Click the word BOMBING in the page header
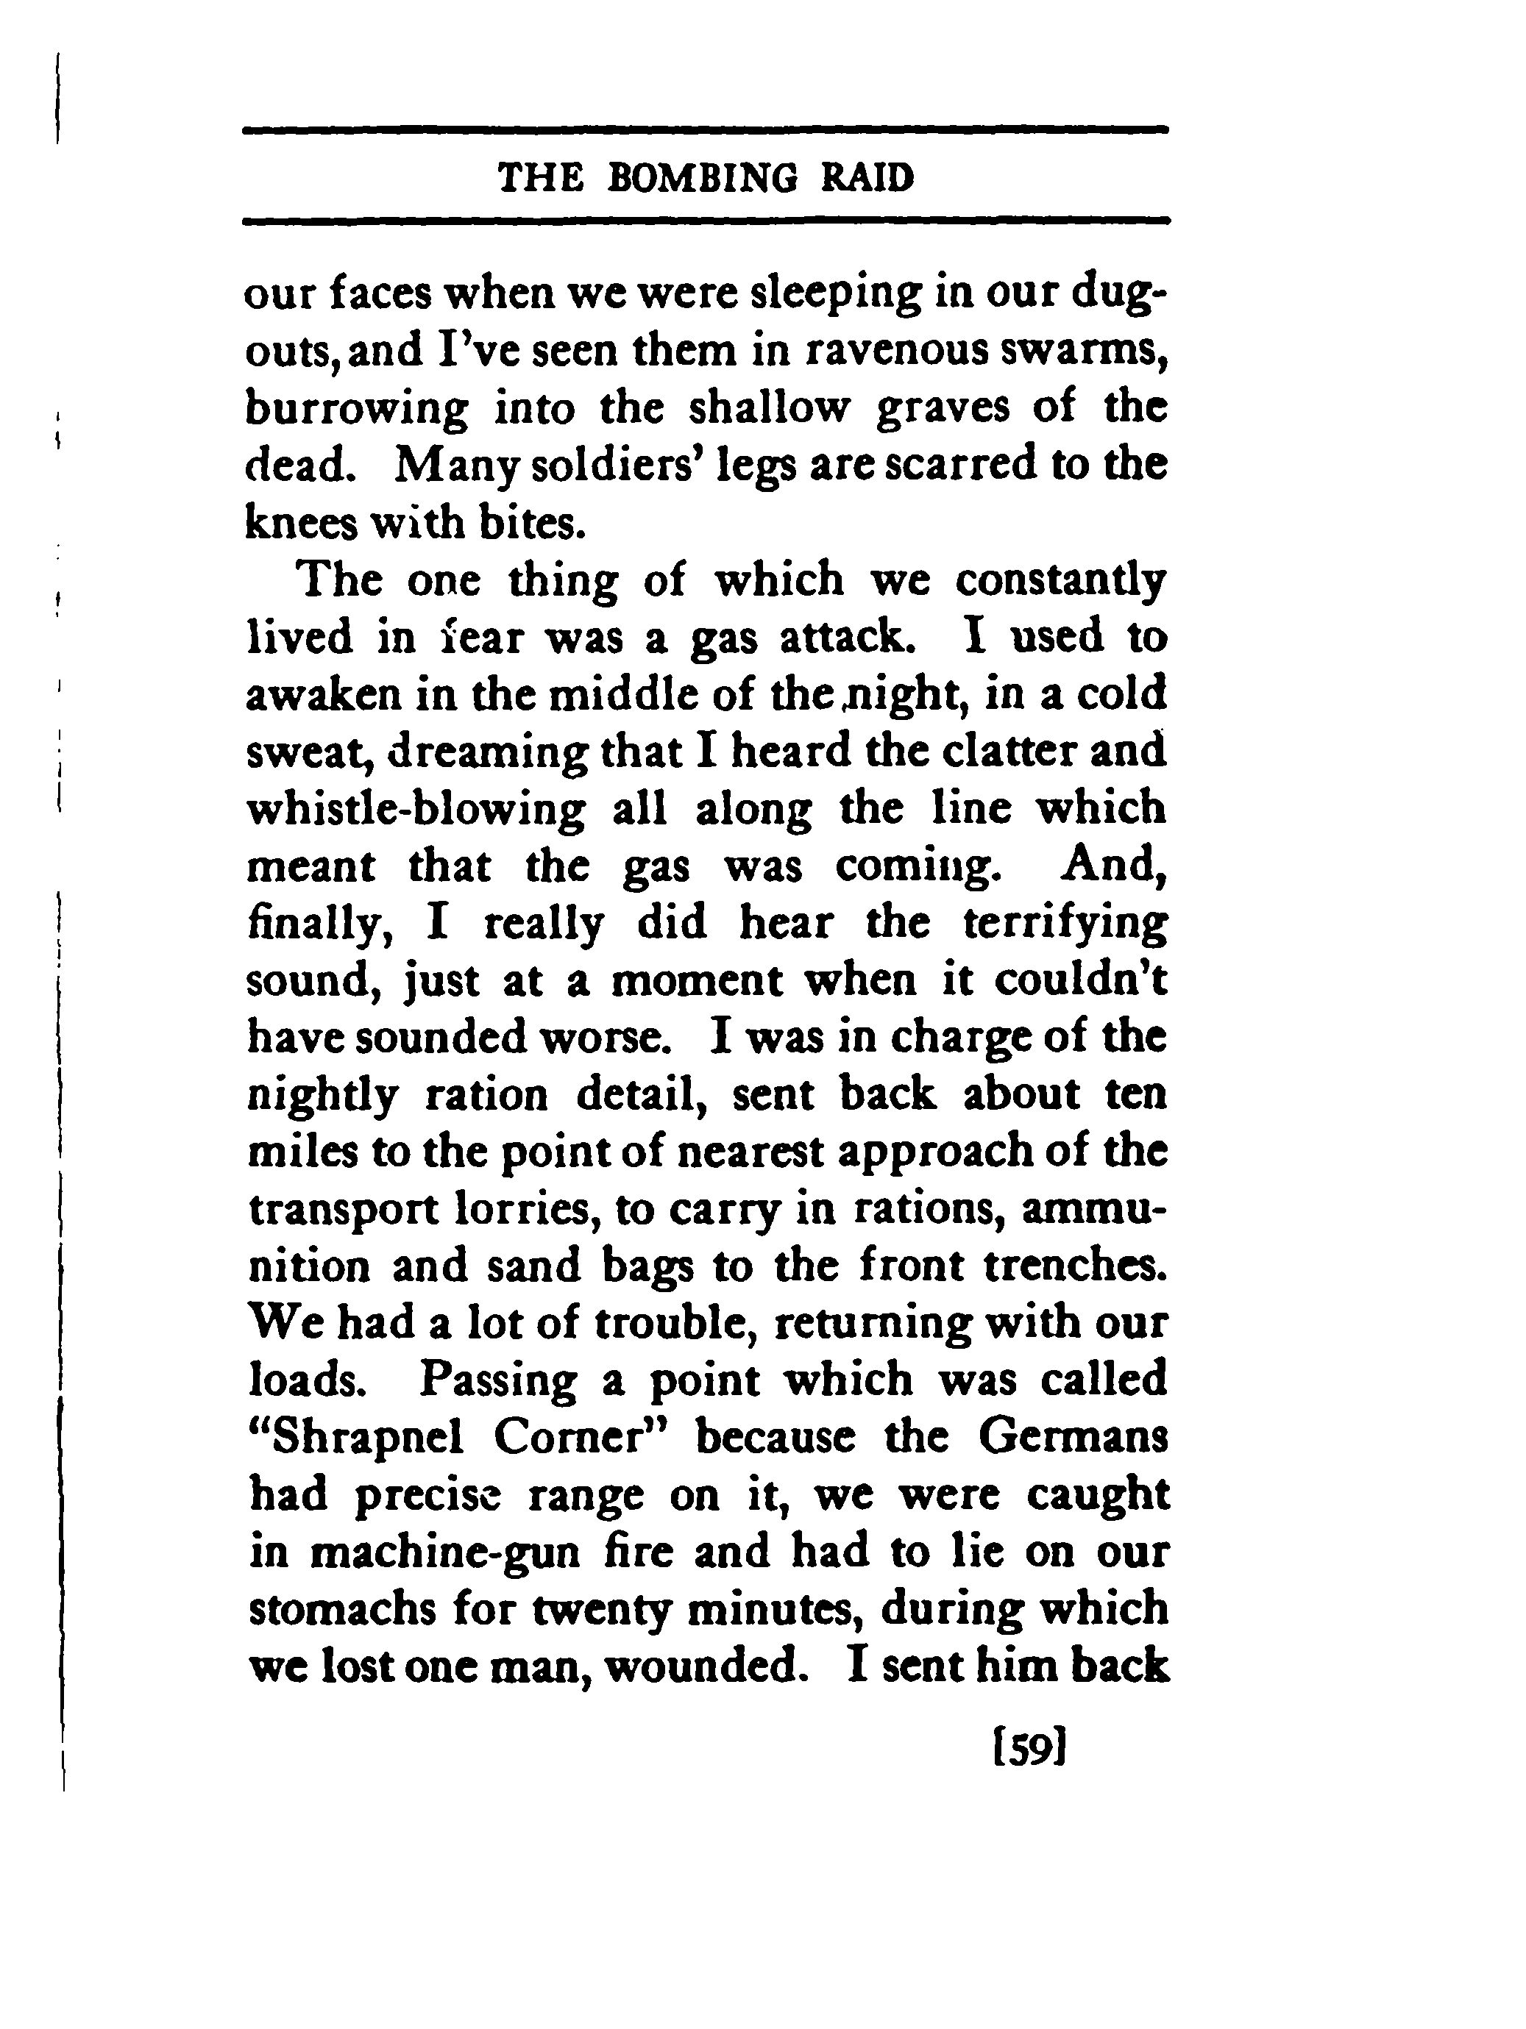point(703,177)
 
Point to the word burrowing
point(357,409)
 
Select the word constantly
point(1061,582)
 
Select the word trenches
point(1074,1266)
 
